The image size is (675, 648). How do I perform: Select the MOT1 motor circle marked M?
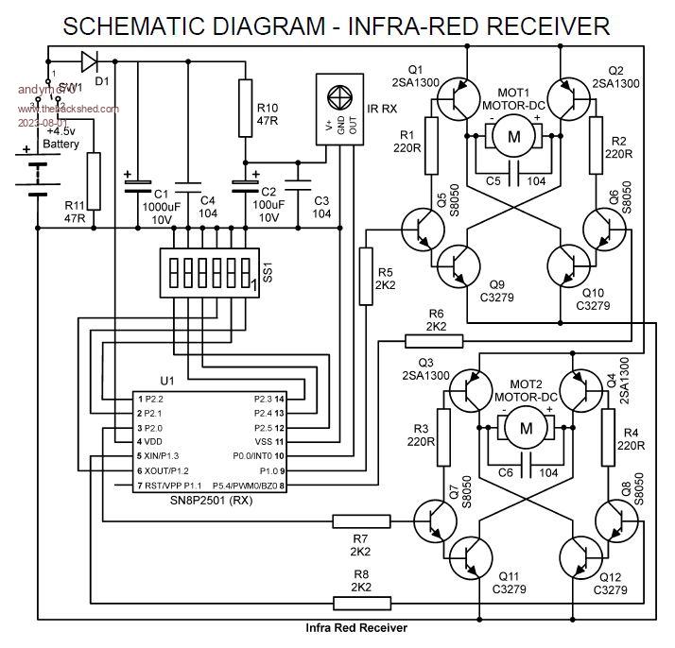[x=515, y=137]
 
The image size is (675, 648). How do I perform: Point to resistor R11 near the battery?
[x=93, y=179]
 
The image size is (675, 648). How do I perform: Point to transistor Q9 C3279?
[x=462, y=265]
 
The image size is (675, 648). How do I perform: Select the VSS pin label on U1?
[x=263, y=442]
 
